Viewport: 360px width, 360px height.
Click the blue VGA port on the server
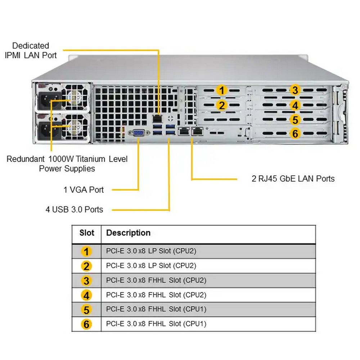pos(139,133)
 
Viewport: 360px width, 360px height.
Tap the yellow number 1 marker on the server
pos(222,90)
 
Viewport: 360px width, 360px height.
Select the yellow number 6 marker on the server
pos(295,134)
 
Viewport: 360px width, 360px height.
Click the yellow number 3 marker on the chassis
pos(295,90)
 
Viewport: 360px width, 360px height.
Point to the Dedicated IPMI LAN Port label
pos(31,50)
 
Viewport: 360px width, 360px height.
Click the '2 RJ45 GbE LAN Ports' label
pos(293,179)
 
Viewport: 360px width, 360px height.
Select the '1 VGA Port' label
pos(84,190)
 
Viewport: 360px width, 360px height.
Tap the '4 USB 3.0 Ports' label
pos(74,210)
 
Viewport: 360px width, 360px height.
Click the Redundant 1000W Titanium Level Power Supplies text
pos(67,163)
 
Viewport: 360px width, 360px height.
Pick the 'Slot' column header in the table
pos(87,233)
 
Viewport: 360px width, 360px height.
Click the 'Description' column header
pos(128,233)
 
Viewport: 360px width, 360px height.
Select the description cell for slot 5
pos(156,309)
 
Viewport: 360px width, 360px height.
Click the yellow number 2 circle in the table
pos(86,266)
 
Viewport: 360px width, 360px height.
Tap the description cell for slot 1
pos(151,251)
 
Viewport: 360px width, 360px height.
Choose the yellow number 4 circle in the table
pos(86,295)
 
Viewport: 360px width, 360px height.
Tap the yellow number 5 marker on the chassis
pos(295,120)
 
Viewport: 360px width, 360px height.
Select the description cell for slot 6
pos(156,324)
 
